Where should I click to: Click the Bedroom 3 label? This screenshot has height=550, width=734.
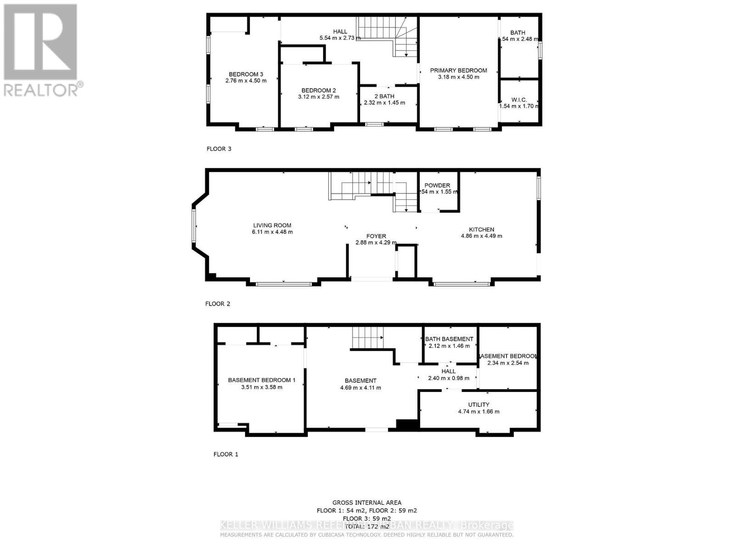click(x=246, y=74)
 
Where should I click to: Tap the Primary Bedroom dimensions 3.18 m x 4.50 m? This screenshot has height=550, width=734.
click(x=458, y=77)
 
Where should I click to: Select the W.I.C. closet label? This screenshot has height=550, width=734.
click(x=519, y=99)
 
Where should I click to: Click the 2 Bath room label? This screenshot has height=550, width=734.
click(x=384, y=96)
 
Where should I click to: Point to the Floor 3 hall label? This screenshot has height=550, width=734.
click(x=340, y=32)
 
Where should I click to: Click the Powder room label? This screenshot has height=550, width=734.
click(x=437, y=185)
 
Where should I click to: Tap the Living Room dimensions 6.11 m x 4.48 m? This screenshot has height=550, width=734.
click(x=272, y=232)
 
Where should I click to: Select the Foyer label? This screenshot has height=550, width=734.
click(x=376, y=236)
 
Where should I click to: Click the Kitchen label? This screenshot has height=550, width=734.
click(x=481, y=230)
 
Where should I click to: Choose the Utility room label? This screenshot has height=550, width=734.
click(x=478, y=405)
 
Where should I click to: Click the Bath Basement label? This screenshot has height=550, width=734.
click(x=449, y=339)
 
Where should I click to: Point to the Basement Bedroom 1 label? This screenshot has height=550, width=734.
click(x=261, y=380)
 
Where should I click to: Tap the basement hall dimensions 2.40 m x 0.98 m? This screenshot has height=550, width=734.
click(x=448, y=378)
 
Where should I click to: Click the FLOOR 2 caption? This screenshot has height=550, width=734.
click(x=217, y=303)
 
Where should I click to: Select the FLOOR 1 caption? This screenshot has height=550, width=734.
click(x=226, y=454)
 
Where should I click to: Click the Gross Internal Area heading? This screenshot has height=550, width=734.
click(x=367, y=503)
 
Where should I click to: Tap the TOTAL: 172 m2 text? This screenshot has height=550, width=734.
click(x=367, y=526)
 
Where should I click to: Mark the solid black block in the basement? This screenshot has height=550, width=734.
click(x=407, y=425)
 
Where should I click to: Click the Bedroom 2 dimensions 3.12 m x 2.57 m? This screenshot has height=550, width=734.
click(x=318, y=97)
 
